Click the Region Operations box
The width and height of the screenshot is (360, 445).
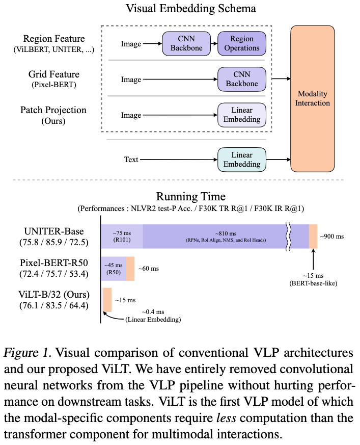coord(242,43)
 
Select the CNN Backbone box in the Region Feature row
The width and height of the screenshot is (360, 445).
coord(186,43)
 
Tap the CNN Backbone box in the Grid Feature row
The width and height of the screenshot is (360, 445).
coord(242,79)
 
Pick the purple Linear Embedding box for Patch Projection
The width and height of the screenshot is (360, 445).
coord(242,115)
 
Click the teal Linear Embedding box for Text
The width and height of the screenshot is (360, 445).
coord(242,160)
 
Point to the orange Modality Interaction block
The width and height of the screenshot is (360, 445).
coord(312,98)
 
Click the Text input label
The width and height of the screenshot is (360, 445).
coord(131,160)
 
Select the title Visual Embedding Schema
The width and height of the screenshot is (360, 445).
coord(191,9)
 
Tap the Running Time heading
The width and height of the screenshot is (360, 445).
coord(191,196)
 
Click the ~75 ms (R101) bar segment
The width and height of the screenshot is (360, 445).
coord(122,237)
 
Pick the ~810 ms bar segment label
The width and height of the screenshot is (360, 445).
coord(226,237)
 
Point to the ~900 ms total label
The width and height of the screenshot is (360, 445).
coord(332,237)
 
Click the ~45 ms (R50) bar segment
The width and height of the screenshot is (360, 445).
coord(114,269)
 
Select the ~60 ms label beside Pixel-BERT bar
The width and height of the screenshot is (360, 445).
coord(149,269)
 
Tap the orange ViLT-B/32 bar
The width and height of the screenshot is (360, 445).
coord(107,300)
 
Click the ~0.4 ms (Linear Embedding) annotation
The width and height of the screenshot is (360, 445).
coord(153,316)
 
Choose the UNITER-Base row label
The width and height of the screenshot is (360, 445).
coord(54,237)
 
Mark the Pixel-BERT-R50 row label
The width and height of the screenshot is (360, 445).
coord(54,268)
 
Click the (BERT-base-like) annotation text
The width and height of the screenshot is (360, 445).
coord(313,283)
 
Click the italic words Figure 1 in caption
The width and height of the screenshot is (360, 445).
coord(27,353)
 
